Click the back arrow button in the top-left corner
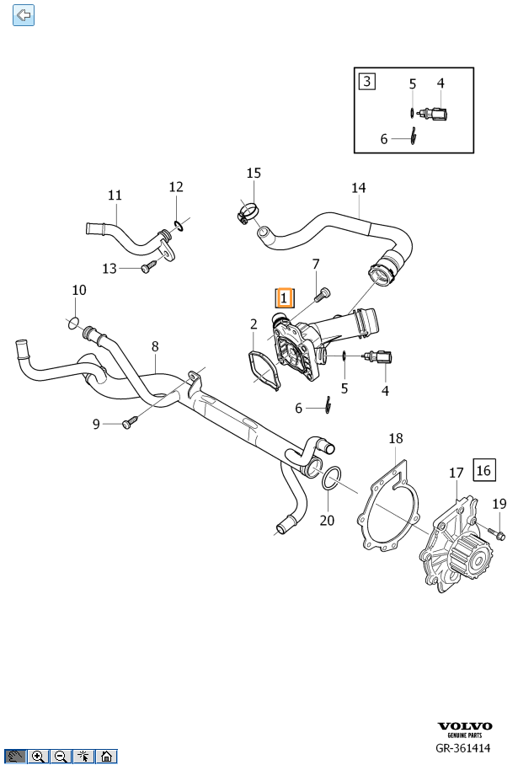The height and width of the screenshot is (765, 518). [x=24, y=14]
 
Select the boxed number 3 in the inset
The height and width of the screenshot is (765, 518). [x=366, y=82]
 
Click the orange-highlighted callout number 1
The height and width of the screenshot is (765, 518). [x=284, y=297]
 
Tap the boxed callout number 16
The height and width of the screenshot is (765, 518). [x=484, y=469]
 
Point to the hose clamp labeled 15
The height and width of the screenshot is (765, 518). [x=246, y=216]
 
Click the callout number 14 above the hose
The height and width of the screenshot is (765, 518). [x=359, y=187]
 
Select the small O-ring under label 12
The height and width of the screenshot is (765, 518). [x=178, y=225]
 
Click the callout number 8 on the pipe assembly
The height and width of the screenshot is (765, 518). [x=154, y=346]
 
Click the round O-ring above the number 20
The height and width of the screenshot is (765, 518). [x=330, y=480]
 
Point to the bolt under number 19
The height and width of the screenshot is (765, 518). [x=496, y=533]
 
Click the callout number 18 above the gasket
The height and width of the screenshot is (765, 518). [x=395, y=438]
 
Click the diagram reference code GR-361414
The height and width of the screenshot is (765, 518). [x=463, y=747]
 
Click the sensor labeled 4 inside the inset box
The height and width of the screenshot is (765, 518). [x=437, y=113]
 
